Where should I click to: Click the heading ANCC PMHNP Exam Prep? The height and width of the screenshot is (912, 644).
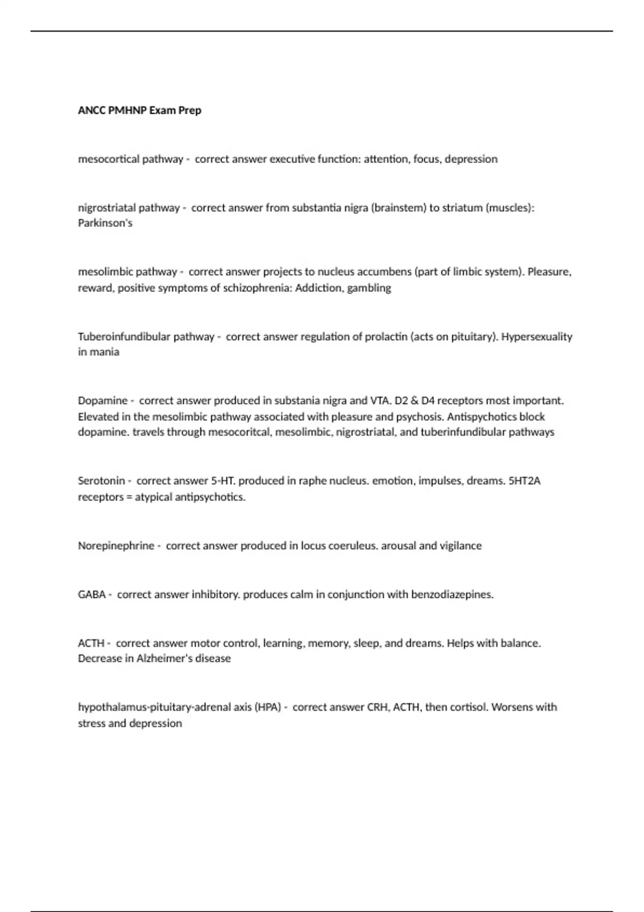[140, 111]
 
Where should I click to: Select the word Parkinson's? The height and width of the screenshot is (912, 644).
[105, 223]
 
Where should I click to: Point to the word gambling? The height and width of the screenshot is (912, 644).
[369, 288]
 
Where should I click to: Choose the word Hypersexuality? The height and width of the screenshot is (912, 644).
[537, 337]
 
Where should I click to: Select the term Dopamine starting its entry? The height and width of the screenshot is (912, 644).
[103, 401]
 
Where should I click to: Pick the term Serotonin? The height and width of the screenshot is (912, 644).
[101, 481]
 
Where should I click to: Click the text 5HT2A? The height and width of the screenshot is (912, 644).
[524, 481]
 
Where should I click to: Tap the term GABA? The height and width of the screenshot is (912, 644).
[91, 595]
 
